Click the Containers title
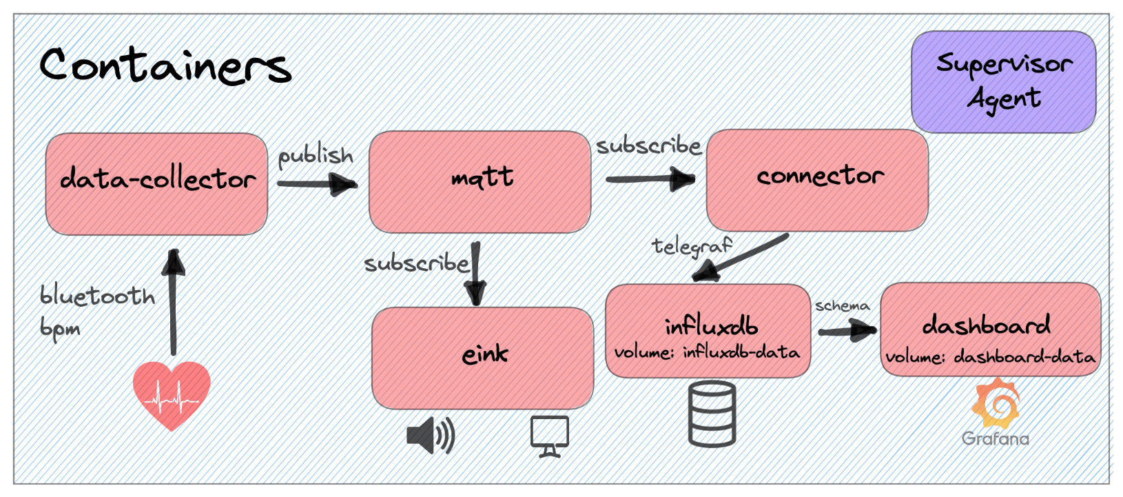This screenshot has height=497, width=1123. [x=165, y=65]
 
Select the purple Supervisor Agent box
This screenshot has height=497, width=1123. [x=1003, y=81]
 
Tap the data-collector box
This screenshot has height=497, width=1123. [x=156, y=183]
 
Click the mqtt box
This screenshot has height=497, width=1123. [x=480, y=181]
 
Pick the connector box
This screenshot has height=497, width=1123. [x=817, y=179]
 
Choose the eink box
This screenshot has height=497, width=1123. [x=483, y=358]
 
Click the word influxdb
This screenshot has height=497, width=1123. [x=710, y=325]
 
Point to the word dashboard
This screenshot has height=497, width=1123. [x=987, y=325]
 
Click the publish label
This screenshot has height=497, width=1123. [x=315, y=156]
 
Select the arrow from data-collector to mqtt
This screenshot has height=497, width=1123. [x=317, y=184]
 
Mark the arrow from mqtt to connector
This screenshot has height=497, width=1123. [x=650, y=179]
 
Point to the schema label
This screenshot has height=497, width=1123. [x=842, y=305]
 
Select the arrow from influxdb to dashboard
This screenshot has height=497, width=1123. [x=847, y=332]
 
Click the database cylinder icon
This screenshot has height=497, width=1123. [x=712, y=414]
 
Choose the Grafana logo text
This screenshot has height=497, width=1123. [x=995, y=438]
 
